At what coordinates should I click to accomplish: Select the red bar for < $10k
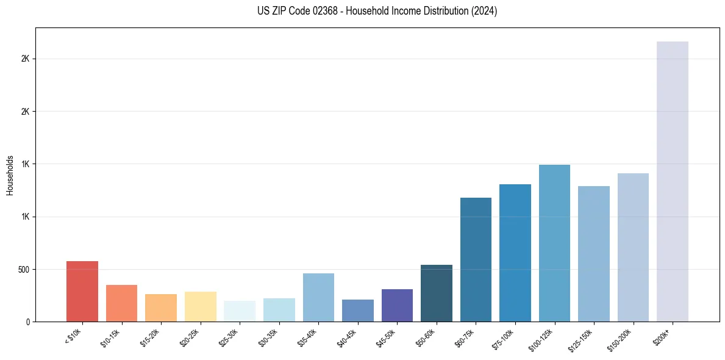[82, 291]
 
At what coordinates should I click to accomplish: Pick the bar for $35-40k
[318, 297]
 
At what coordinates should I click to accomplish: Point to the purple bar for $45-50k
[397, 305]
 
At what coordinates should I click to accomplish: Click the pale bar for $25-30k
[240, 311]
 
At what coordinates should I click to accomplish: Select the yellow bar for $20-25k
[201, 306]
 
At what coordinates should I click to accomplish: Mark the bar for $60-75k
[476, 259]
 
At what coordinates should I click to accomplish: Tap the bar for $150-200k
[633, 247]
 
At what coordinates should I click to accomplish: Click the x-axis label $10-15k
[110, 337]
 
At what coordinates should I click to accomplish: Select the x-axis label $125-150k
[581, 339]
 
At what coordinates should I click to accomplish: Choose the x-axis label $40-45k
[346, 337]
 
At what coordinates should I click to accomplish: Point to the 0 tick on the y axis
[27, 322]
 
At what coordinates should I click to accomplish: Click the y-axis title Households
[10, 175]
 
